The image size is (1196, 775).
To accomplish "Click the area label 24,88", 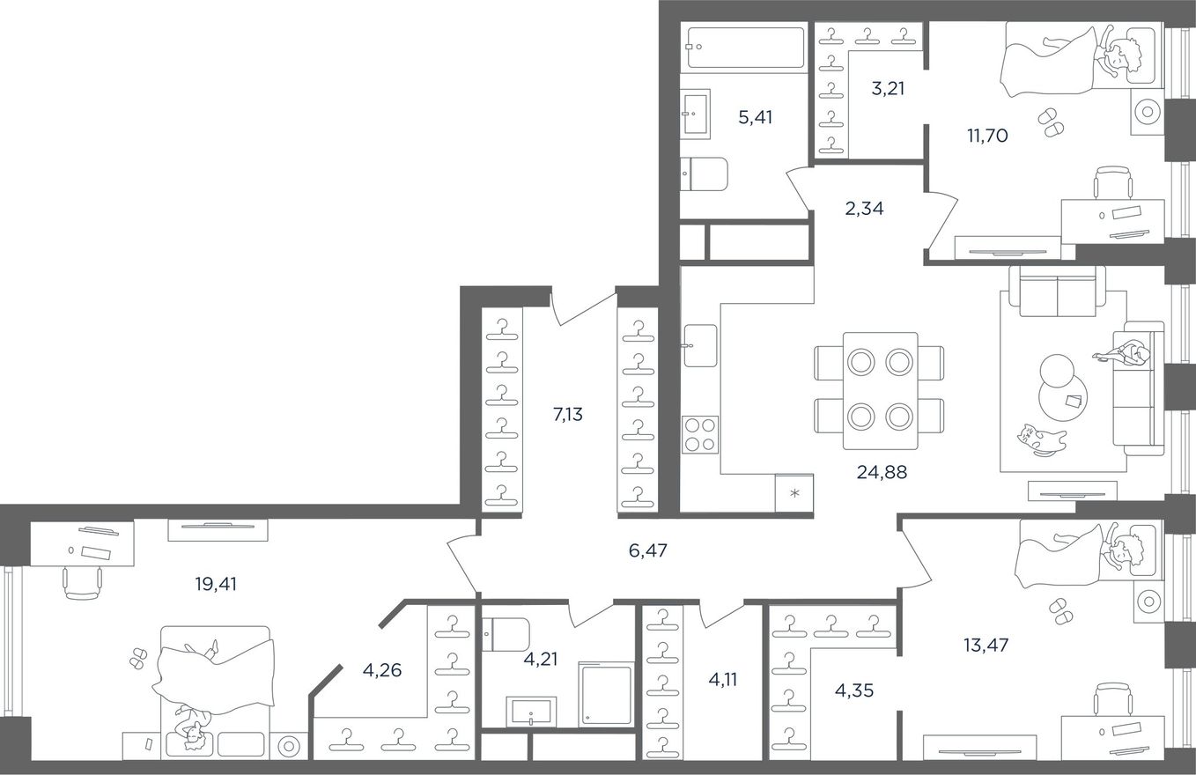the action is click(x=882, y=472).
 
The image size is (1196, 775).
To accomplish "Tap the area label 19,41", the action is click(x=216, y=584).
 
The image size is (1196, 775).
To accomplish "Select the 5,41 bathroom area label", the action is click(x=755, y=117).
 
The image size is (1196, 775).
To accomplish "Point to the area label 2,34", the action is click(x=864, y=208).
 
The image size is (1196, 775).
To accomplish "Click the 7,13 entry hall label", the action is click(x=567, y=414).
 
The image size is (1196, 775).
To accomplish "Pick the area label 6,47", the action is click(x=647, y=550).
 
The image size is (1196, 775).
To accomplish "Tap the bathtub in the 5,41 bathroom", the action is click(x=746, y=48).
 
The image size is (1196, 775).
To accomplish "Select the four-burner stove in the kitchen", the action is click(x=700, y=434).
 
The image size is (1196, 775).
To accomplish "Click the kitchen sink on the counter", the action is click(x=700, y=345).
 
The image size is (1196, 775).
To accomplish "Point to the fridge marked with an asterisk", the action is click(x=794, y=492).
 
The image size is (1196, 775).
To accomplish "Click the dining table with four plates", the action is click(x=881, y=390).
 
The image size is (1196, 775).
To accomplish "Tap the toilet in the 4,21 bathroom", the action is click(x=506, y=634).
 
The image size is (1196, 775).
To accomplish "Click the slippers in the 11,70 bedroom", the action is click(x=1050, y=122).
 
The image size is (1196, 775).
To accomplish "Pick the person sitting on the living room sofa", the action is click(x=1124, y=354).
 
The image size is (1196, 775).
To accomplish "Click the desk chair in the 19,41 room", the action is click(x=82, y=583).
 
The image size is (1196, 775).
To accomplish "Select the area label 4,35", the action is click(x=853, y=690).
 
